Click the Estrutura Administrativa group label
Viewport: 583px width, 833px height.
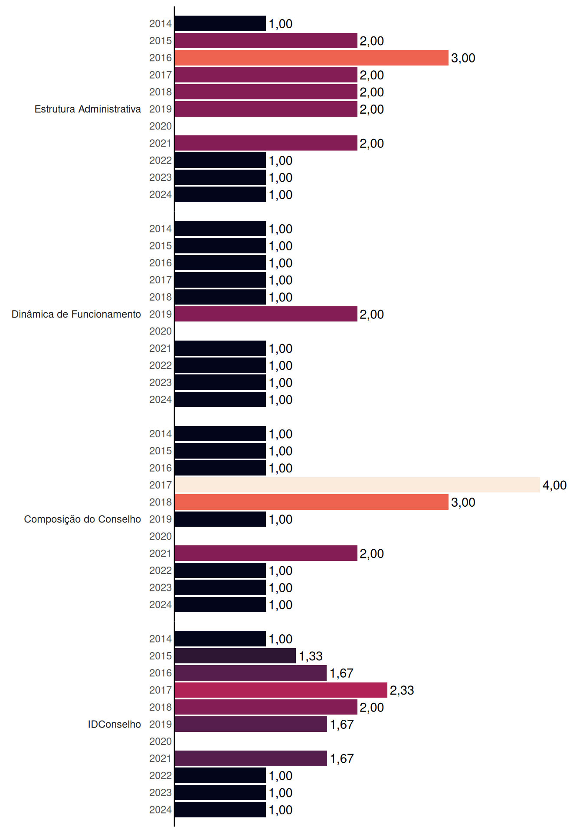click(88, 109)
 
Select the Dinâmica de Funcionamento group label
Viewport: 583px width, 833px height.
click(76, 314)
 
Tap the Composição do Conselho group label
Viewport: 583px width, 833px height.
click(82, 519)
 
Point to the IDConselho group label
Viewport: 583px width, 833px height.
click(115, 724)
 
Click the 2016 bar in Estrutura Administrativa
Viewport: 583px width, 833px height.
click(311, 58)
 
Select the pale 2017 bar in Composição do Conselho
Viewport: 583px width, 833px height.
click(357, 485)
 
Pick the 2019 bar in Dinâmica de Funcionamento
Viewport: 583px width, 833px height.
click(266, 314)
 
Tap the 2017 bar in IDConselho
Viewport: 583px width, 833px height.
click(281, 690)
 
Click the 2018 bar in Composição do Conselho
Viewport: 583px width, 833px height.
click(311, 502)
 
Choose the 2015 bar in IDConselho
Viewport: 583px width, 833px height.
click(235, 656)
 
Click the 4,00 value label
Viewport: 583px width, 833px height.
click(554, 485)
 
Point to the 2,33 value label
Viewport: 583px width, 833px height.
click(402, 690)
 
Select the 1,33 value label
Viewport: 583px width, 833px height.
click(311, 656)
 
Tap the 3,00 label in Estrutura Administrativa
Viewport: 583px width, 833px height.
click(463, 58)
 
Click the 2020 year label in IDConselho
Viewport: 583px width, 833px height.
click(160, 741)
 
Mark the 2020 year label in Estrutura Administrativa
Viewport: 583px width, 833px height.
click(160, 126)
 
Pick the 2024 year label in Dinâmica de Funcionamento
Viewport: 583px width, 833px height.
click(160, 400)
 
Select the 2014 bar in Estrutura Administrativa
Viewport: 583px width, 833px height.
click(220, 23)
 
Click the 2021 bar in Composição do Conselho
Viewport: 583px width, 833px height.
click(266, 553)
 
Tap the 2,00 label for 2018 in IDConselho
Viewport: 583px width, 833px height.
click(372, 707)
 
